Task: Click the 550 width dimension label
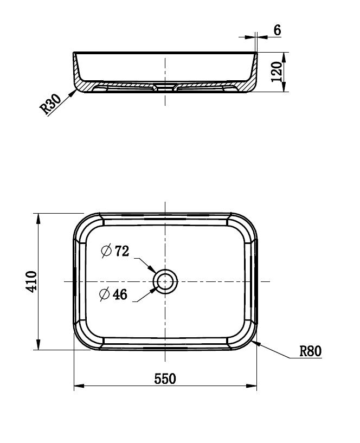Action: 165,378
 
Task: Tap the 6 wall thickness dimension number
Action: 277,30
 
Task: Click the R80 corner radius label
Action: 311,351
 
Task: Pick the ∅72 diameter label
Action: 115,251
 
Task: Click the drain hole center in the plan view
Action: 165,281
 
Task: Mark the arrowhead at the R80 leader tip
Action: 257,342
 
